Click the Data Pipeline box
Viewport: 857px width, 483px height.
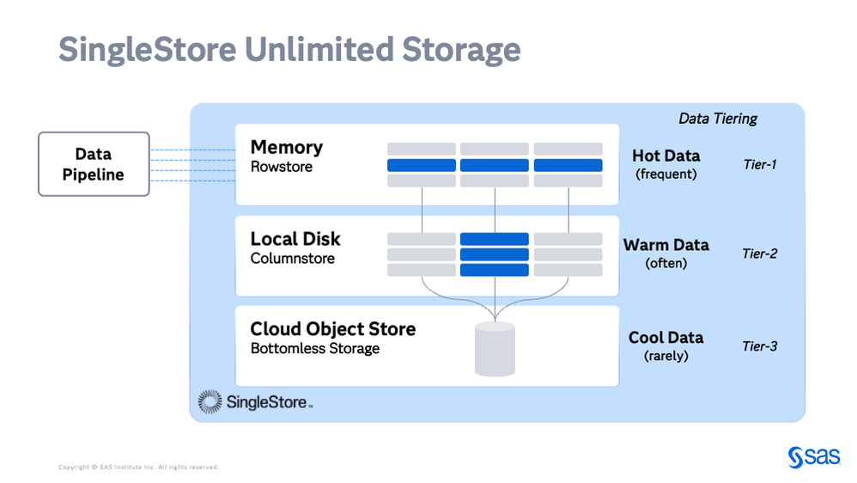pyautogui.click(x=94, y=164)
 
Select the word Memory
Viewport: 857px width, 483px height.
pyautogui.click(x=287, y=147)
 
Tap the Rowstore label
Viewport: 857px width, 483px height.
pyautogui.click(x=282, y=167)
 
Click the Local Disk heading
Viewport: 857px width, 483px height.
pyautogui.click(x=295, y=239)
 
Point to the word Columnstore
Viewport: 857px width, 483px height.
pyautogui.click(x=293, y=258)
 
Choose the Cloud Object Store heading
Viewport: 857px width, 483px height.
pyautogui.click(x=333, y=329)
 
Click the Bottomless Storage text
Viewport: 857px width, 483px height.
pyautogui.click(x=315, y=348)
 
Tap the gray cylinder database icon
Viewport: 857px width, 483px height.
pyautogui.click(x=495, y=349)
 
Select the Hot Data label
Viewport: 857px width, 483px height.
pyautogui.click(x=666, y=156)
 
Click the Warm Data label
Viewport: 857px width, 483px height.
pyautogui.click(x=666, y=245)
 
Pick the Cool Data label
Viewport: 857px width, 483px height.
pyautogui.click(x=666, y=338)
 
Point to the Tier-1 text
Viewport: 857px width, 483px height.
pyautogui.click(x=760, y=163)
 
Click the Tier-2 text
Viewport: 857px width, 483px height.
pyautogui.click(x=760, y=254)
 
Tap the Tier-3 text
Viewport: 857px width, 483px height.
pyautogui.click(x=760, y=346)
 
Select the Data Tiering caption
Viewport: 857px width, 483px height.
pyautogui.click(x=718, y=119)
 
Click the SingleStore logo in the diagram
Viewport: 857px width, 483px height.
pyautogui.click(x=255, y=400)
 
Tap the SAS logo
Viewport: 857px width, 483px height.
pyautogui.click(x=814, y=456)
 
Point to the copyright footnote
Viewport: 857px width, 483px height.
pyautogui.click(x=138, y=468)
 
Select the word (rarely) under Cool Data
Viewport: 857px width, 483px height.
pyautogui.click(x=666, y=356)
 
